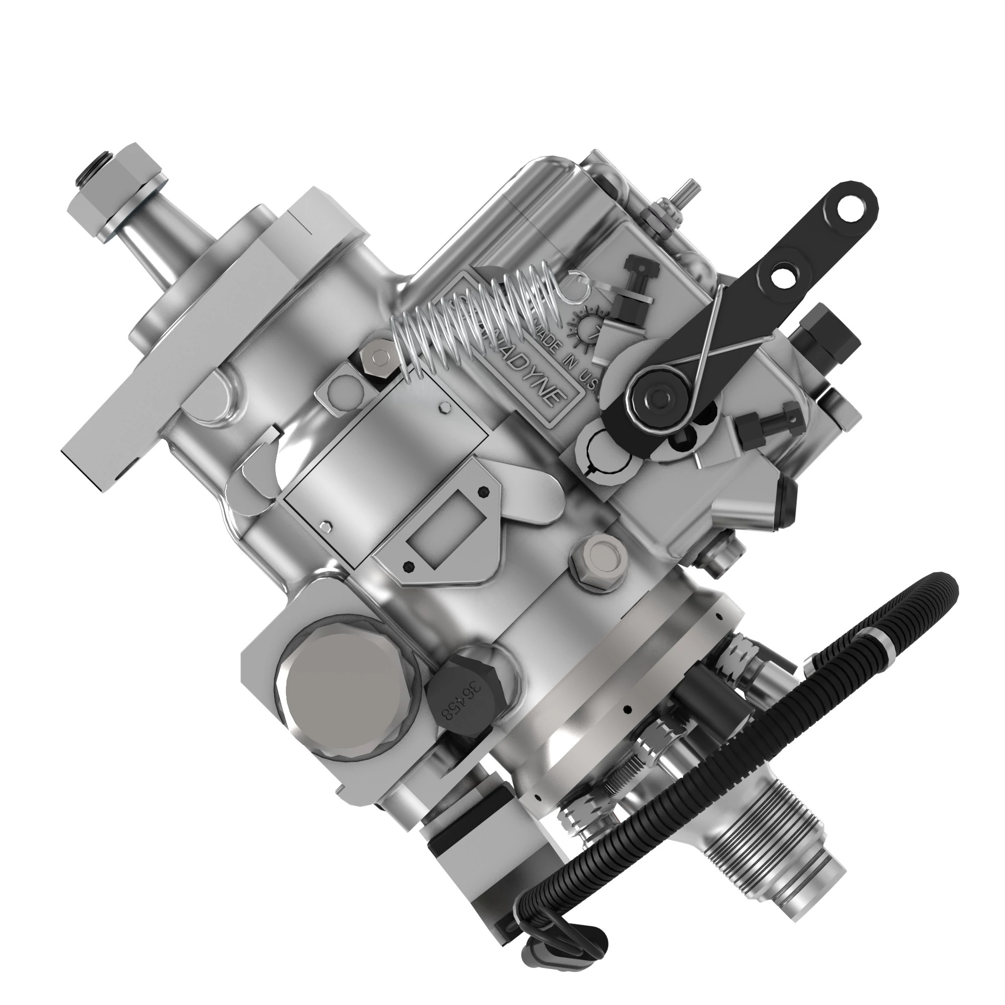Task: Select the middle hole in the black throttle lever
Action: (x=782, y=275)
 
